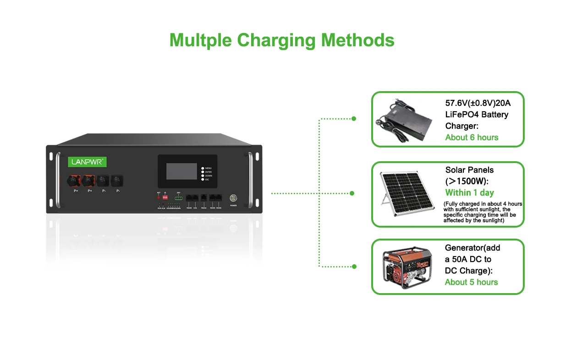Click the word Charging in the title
(x=276, y=40)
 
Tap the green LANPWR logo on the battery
(x=88, y=162)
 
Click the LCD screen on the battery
(x=181, y=171)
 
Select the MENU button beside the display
(x=203, y=169)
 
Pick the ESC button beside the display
(x=203, y=180)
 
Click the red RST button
(x=159, y=197)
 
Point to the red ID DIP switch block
(x=165, y=197)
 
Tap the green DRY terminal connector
(x=178, y=198)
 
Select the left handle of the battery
(x=58, y=180)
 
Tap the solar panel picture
(x=405, y=194)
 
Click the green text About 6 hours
(x=472, y=137)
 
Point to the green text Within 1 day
(x=469, y=193)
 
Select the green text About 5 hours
(x=471, y=282)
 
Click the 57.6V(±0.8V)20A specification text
(x=478, y=103)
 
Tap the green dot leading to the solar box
(x=352, y=193)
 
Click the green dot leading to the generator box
(x=353, y=266)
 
